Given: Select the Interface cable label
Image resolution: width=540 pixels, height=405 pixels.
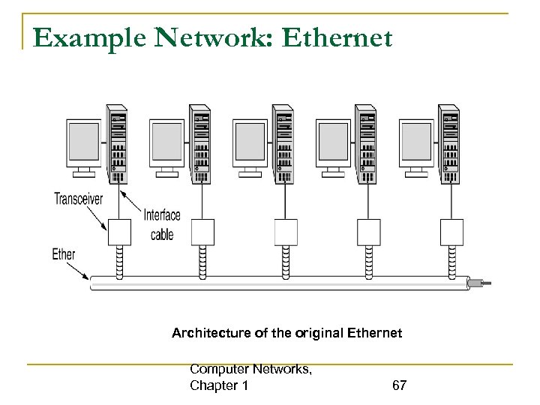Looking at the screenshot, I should pyautogui.click(x=162, y=225).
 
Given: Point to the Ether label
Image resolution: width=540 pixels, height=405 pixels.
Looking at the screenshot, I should pyautogui.click(x=64, y=254).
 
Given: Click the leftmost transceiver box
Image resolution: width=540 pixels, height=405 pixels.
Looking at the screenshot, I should pyautogui.click(x=120, y=232).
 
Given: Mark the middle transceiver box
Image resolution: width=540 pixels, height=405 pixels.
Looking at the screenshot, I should pyautogui.click(x=286, y=232).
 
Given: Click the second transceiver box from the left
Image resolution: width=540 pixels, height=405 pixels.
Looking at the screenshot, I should pyautogui.click(x=202, y=232).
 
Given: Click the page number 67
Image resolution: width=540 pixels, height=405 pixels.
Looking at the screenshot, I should pyautogui.click(x=399, y=385).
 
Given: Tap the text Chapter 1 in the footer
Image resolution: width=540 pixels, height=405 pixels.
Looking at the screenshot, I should pyautogui.click(x=220, y=385).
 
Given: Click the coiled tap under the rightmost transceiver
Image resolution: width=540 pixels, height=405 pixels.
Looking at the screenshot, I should pyautogui.click(x=451, y=259).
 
